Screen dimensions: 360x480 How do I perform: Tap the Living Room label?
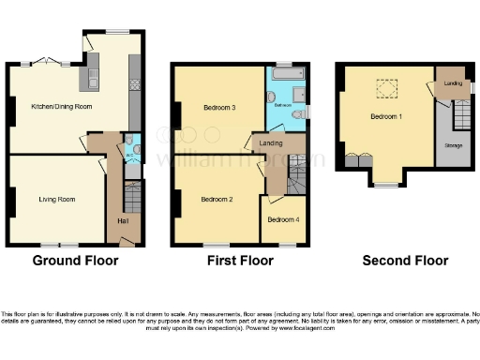coord(56,199)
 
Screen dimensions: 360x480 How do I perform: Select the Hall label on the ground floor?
coord(123,221)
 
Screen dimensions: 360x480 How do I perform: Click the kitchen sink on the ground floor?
coord(94,82)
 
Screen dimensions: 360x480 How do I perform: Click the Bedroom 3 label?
coord(219,108)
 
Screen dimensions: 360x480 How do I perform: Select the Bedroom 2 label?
coord(217,199)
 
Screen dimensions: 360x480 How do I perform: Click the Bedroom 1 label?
coord(387,116)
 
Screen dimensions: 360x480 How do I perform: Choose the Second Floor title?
coord(405,261)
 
